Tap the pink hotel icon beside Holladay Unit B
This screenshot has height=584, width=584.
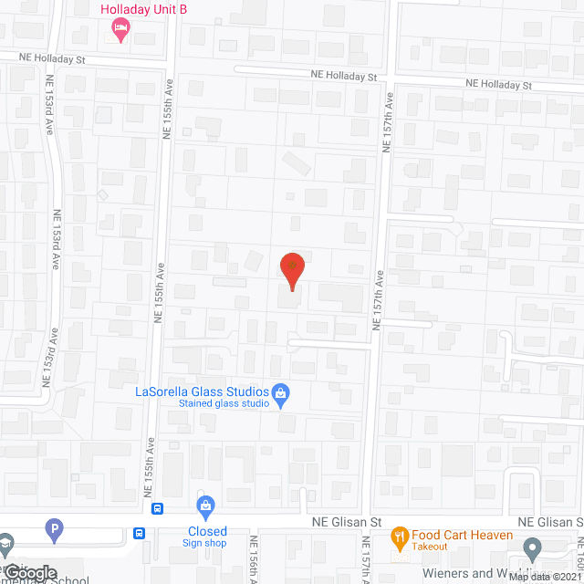119,31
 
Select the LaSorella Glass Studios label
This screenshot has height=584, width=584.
202,391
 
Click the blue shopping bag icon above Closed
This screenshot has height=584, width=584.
206,506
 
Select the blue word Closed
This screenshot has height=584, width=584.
207,531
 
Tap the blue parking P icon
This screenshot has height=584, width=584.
54,528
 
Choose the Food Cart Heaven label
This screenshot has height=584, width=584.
454,535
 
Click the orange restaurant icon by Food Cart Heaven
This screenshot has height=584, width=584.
399,536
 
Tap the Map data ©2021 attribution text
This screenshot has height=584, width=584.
546,577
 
